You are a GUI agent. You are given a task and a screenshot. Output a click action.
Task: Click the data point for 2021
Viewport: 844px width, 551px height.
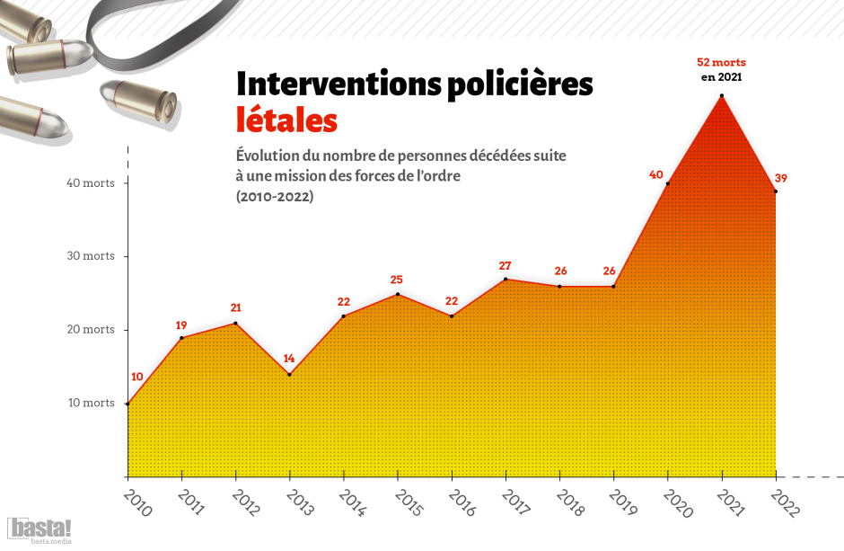pos(721,95)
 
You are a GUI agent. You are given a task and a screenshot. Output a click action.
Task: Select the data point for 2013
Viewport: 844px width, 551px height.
pos(289,374)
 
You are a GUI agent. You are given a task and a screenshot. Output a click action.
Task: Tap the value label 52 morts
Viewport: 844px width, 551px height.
pos(721,63)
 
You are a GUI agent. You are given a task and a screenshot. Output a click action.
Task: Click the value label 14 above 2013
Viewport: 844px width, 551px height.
pos(289,359)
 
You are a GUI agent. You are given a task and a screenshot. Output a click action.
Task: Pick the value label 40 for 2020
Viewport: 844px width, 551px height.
pos(655,175)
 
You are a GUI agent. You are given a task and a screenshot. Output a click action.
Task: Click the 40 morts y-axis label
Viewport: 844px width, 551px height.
pos(91,183)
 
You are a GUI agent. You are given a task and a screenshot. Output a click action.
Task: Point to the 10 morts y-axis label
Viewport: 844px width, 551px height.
pos(91,403)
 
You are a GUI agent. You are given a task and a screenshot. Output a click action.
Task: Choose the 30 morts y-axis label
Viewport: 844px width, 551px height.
pos(91,256)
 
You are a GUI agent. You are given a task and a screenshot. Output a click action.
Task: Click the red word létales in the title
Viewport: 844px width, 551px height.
pos(286,120)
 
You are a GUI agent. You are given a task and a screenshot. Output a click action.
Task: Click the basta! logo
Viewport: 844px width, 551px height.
pos(40,529)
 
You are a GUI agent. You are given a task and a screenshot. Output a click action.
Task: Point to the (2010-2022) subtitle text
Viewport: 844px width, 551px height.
pos(275,197)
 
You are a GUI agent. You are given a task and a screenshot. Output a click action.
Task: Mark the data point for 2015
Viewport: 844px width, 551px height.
pos(398,294)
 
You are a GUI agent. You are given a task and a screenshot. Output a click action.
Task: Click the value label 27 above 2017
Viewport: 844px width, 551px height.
pos(505,266)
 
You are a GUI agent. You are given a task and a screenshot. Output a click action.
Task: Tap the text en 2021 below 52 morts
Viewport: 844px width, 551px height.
pos(721,78)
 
